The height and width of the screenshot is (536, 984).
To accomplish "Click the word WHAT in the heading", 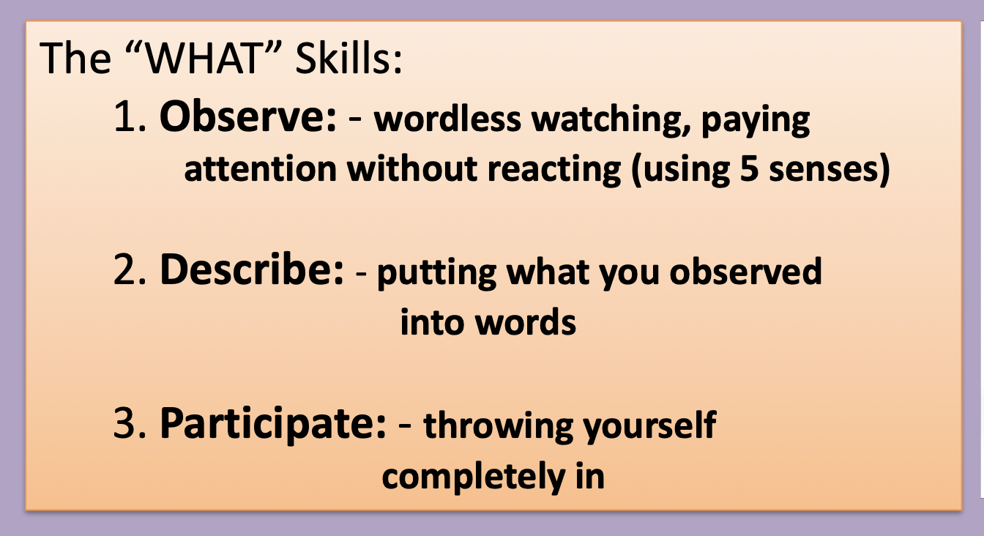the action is [x=203, y=59].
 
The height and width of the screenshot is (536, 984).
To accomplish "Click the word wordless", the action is [x=447, y=119].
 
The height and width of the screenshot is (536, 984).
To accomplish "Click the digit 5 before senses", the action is [x=750, y=168].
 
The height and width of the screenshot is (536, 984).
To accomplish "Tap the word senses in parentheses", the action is [x=824, y=170].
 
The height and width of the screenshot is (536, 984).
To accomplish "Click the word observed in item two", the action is [x=745, y=271].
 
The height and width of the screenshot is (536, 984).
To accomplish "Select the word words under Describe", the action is [x=526, y=321].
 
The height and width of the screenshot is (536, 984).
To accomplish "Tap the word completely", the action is [x=473, y=477].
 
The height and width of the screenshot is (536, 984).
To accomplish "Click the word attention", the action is [x=261, y=169].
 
